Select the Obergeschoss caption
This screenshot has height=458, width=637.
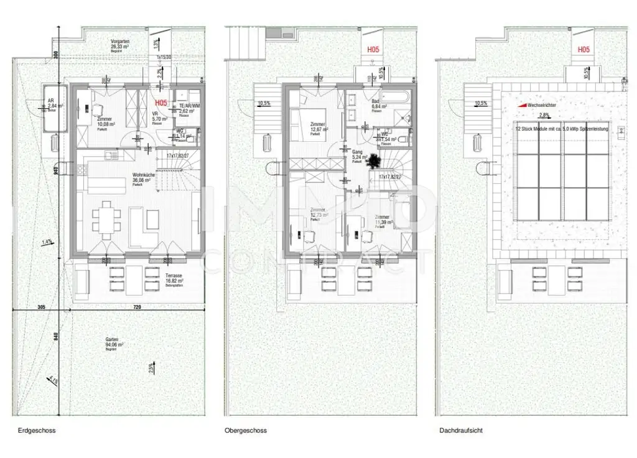246,430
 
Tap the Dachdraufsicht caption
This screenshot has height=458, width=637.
460,430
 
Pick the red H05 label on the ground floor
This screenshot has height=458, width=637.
160,103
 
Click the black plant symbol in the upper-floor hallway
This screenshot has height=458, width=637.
374,162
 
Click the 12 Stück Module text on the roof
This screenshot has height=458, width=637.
560,129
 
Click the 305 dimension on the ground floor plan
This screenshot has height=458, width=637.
41,308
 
